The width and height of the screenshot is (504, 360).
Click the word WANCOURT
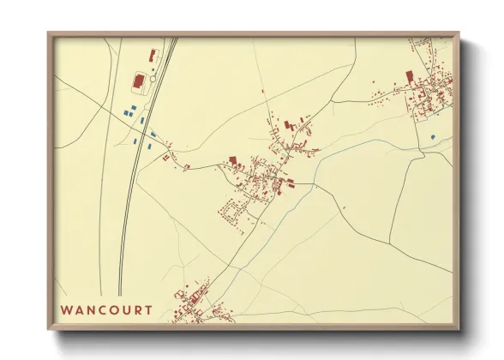coord(107,309)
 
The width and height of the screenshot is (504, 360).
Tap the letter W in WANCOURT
coord(66,309)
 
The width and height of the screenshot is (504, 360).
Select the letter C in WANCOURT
coord(102,309)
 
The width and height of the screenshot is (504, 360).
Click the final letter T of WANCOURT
coord(149,309)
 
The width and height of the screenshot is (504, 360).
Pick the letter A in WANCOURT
coord(79,309)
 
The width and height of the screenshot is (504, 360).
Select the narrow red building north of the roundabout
coord(152,56)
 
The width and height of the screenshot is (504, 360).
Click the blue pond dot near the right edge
coord(432,136)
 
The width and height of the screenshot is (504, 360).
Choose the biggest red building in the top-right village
coord(409,76)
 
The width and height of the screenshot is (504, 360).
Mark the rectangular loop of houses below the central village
coord(231,211)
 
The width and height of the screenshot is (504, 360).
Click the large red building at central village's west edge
coord(232,159)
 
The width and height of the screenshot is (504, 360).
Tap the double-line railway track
coord(129,197)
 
